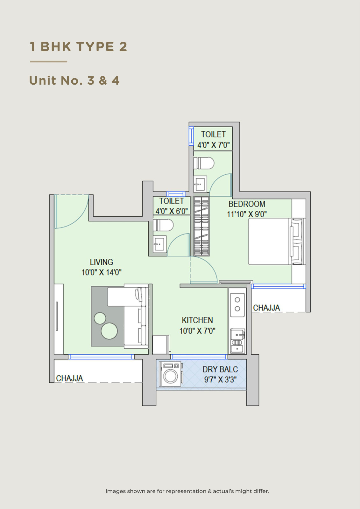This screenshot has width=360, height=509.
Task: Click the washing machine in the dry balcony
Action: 171,374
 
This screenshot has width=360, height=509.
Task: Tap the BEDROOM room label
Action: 247,204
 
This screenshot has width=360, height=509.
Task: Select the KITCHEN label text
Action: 197,320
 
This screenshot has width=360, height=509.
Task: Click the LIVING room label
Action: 102,262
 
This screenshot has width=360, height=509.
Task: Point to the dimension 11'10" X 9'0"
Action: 247,214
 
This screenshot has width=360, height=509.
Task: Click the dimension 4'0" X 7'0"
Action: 213,145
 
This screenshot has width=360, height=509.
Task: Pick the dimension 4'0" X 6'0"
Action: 172,211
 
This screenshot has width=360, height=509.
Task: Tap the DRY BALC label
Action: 220,369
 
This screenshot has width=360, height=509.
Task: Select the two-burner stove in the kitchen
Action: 237,305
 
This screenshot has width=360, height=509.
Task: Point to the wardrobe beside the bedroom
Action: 201,227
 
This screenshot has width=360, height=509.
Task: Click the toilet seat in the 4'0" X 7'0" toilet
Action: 204,163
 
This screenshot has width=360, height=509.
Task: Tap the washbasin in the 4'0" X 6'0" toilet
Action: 159,244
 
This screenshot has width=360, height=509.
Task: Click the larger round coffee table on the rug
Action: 109,331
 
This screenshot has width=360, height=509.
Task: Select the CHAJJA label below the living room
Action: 70,378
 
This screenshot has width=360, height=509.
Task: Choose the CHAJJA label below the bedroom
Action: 266,308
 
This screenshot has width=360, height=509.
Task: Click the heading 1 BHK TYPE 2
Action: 78,46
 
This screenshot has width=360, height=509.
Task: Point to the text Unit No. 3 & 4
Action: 74,80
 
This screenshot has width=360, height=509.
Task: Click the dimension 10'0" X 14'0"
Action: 102,272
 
